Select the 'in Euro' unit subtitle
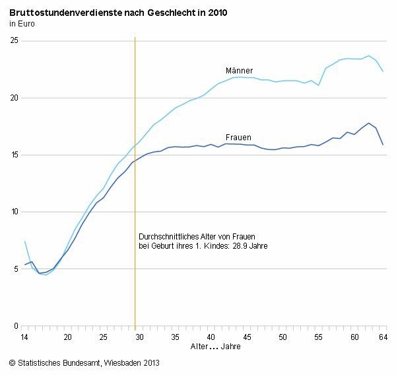pyautogui.click(x=22, y=24)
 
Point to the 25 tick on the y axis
pyautogui.click(x=13, y=41)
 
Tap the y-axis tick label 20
pyautogui.click(x=13, y=98)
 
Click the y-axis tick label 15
pyautogui.click(x=13, y=155)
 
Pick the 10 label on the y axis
pyautogui.click(x=13, y=212)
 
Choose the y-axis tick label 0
pyautogui.click(x=15, y=326)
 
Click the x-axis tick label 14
pyautogui.click(x=25, y=337)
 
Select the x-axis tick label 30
pyautogui.click(x=139, y=337)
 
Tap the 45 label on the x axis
pyautogui.click(x=246, y=337)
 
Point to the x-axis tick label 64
pyautogui.click(x=383, y=337)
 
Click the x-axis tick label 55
pyautogui.click(x=318, y=337)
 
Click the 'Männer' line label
pyautogui.click(x=239, y=71)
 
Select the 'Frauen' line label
pyautogui.click(x=238, y=137)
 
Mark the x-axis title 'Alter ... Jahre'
pyautogui.click(x=215, y=347)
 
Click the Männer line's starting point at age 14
pyautogui.click(x=25, y=241)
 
